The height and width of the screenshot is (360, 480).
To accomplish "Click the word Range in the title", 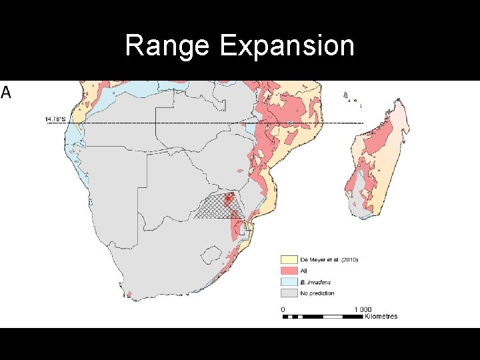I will point(167,46).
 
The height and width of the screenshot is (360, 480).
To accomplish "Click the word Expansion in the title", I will point(286,46).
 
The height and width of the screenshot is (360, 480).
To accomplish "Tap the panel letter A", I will point(6,93).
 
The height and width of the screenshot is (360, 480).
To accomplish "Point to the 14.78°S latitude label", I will point(55,119).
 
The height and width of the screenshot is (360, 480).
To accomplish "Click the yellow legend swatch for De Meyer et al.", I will point(288,259).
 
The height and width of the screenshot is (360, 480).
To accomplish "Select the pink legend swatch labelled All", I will point(288,271).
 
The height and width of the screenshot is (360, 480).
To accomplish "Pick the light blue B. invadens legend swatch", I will point(288,282).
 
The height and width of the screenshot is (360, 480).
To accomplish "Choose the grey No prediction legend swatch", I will point(288,293).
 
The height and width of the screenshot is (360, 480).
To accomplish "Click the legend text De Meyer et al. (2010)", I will point(329,259).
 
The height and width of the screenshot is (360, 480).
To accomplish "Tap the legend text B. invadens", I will point(315,282).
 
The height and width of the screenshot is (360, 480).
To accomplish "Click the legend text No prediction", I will point(317,293).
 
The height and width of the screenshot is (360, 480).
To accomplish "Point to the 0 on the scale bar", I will point(283,309).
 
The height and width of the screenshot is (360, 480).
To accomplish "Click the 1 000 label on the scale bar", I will point(363,309).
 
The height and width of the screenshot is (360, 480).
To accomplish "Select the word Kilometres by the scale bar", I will point(381,316).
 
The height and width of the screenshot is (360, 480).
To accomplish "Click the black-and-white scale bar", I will point(323,316).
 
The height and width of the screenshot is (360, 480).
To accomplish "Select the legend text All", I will point(303,271).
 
